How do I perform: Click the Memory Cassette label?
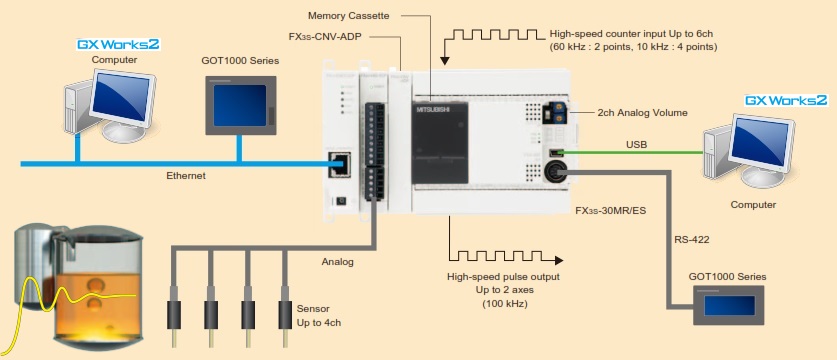(x=349, y=16)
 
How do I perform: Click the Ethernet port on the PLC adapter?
(x=340, y=163)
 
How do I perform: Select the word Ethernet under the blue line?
(x=186, y=175)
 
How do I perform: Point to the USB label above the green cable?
(x=636, y=144)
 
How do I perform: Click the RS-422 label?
(x=692, y=240)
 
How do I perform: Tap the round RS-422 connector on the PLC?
(x=555, y=172)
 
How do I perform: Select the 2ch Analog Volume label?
(x=643, y=113)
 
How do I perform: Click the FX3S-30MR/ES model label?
(x=610, y=210)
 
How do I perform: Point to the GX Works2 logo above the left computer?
(x=119, y=44)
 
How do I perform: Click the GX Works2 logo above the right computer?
(x=786, y=100)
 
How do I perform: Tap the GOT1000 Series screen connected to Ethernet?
(x=241, y=105)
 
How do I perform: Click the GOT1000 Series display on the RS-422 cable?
(x=729, y=305)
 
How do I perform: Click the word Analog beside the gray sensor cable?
(x=337, y=262)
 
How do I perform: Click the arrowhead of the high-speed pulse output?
(x=559, y=261)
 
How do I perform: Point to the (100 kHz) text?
(x=504, y=304)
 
